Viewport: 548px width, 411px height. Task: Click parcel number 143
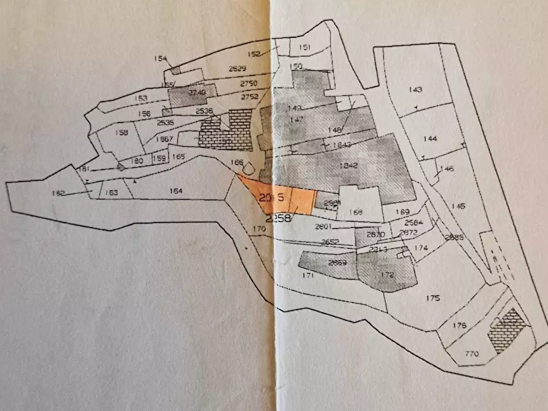(x=415, y=90)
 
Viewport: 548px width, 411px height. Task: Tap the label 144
(x=430, y=139)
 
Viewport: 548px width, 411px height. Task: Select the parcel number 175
(x=434, y=298)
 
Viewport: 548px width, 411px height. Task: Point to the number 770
(x=471, y=354)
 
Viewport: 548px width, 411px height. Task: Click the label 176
(x=459, y=325)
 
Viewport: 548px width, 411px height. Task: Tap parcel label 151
(x=304, y=47)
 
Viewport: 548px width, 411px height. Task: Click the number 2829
(x=237, y=69)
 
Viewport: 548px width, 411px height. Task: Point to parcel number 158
(x=121, y=133)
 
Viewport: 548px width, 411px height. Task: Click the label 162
(x=58, y=193)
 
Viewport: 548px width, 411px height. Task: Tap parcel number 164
(x=176, y=191)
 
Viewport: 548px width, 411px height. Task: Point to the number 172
(x=387, y=275)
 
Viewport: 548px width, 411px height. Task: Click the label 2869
(x=338, y=264)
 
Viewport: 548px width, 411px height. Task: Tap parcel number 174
(x=420, y=248)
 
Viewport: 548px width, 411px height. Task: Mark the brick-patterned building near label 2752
(x=227, y=129)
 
